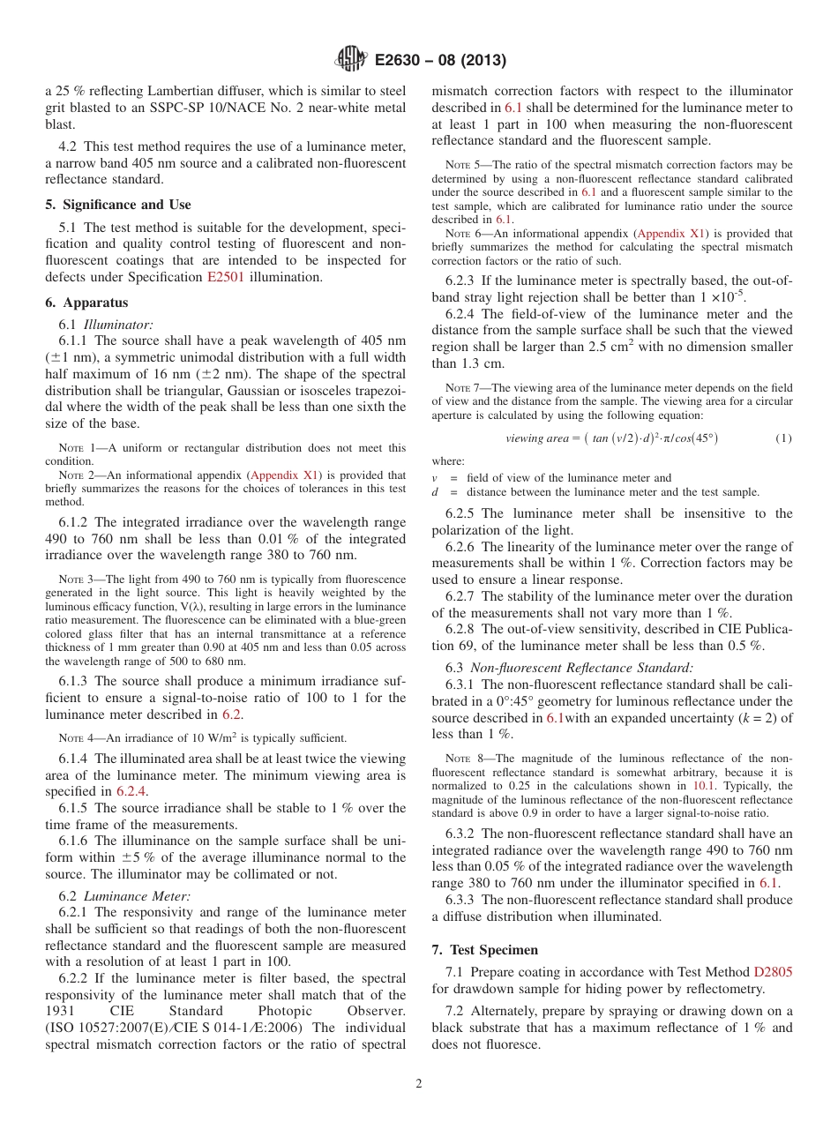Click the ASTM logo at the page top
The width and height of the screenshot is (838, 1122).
point(351,60)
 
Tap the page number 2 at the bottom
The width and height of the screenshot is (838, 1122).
point(419,1084)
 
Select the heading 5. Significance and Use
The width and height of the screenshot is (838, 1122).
point(117,205)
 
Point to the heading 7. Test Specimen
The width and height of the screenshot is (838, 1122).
point(485,949)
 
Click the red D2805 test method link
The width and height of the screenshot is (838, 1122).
point(773,971)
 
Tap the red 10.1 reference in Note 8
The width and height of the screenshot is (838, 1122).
point(704,785)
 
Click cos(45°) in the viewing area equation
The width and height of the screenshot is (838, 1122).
point(689,438)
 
